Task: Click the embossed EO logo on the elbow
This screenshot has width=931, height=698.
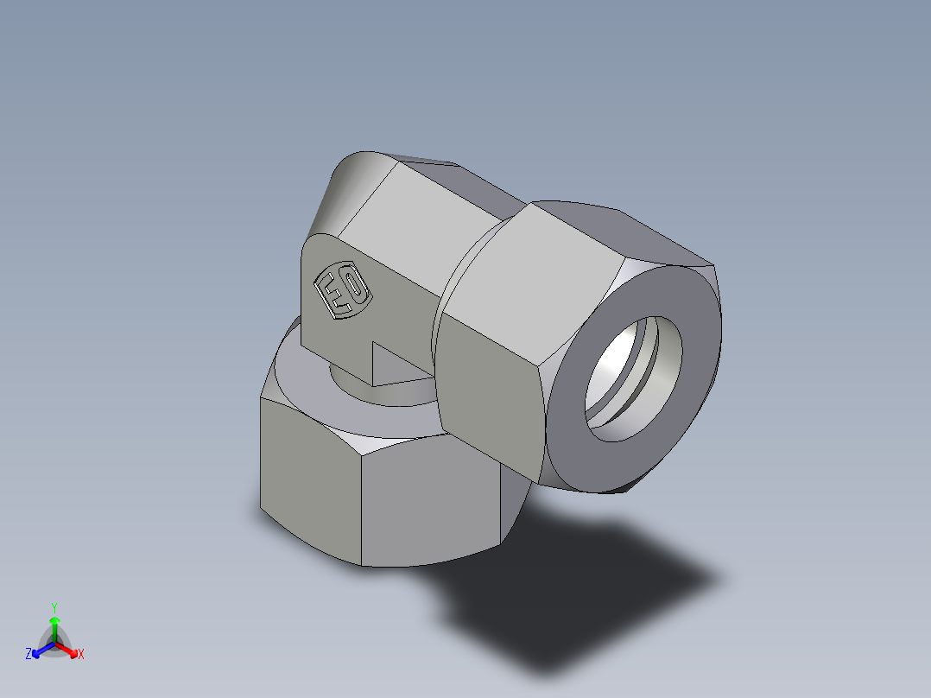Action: click(x=343, y=292)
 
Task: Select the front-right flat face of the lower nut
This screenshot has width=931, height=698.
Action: click(x=432, y=501)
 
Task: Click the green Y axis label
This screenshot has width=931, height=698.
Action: click(x=54, y=606)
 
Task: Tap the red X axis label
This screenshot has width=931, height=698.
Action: click(x=81, y=655)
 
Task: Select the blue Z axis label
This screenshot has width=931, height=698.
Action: click(x=28, y=655)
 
